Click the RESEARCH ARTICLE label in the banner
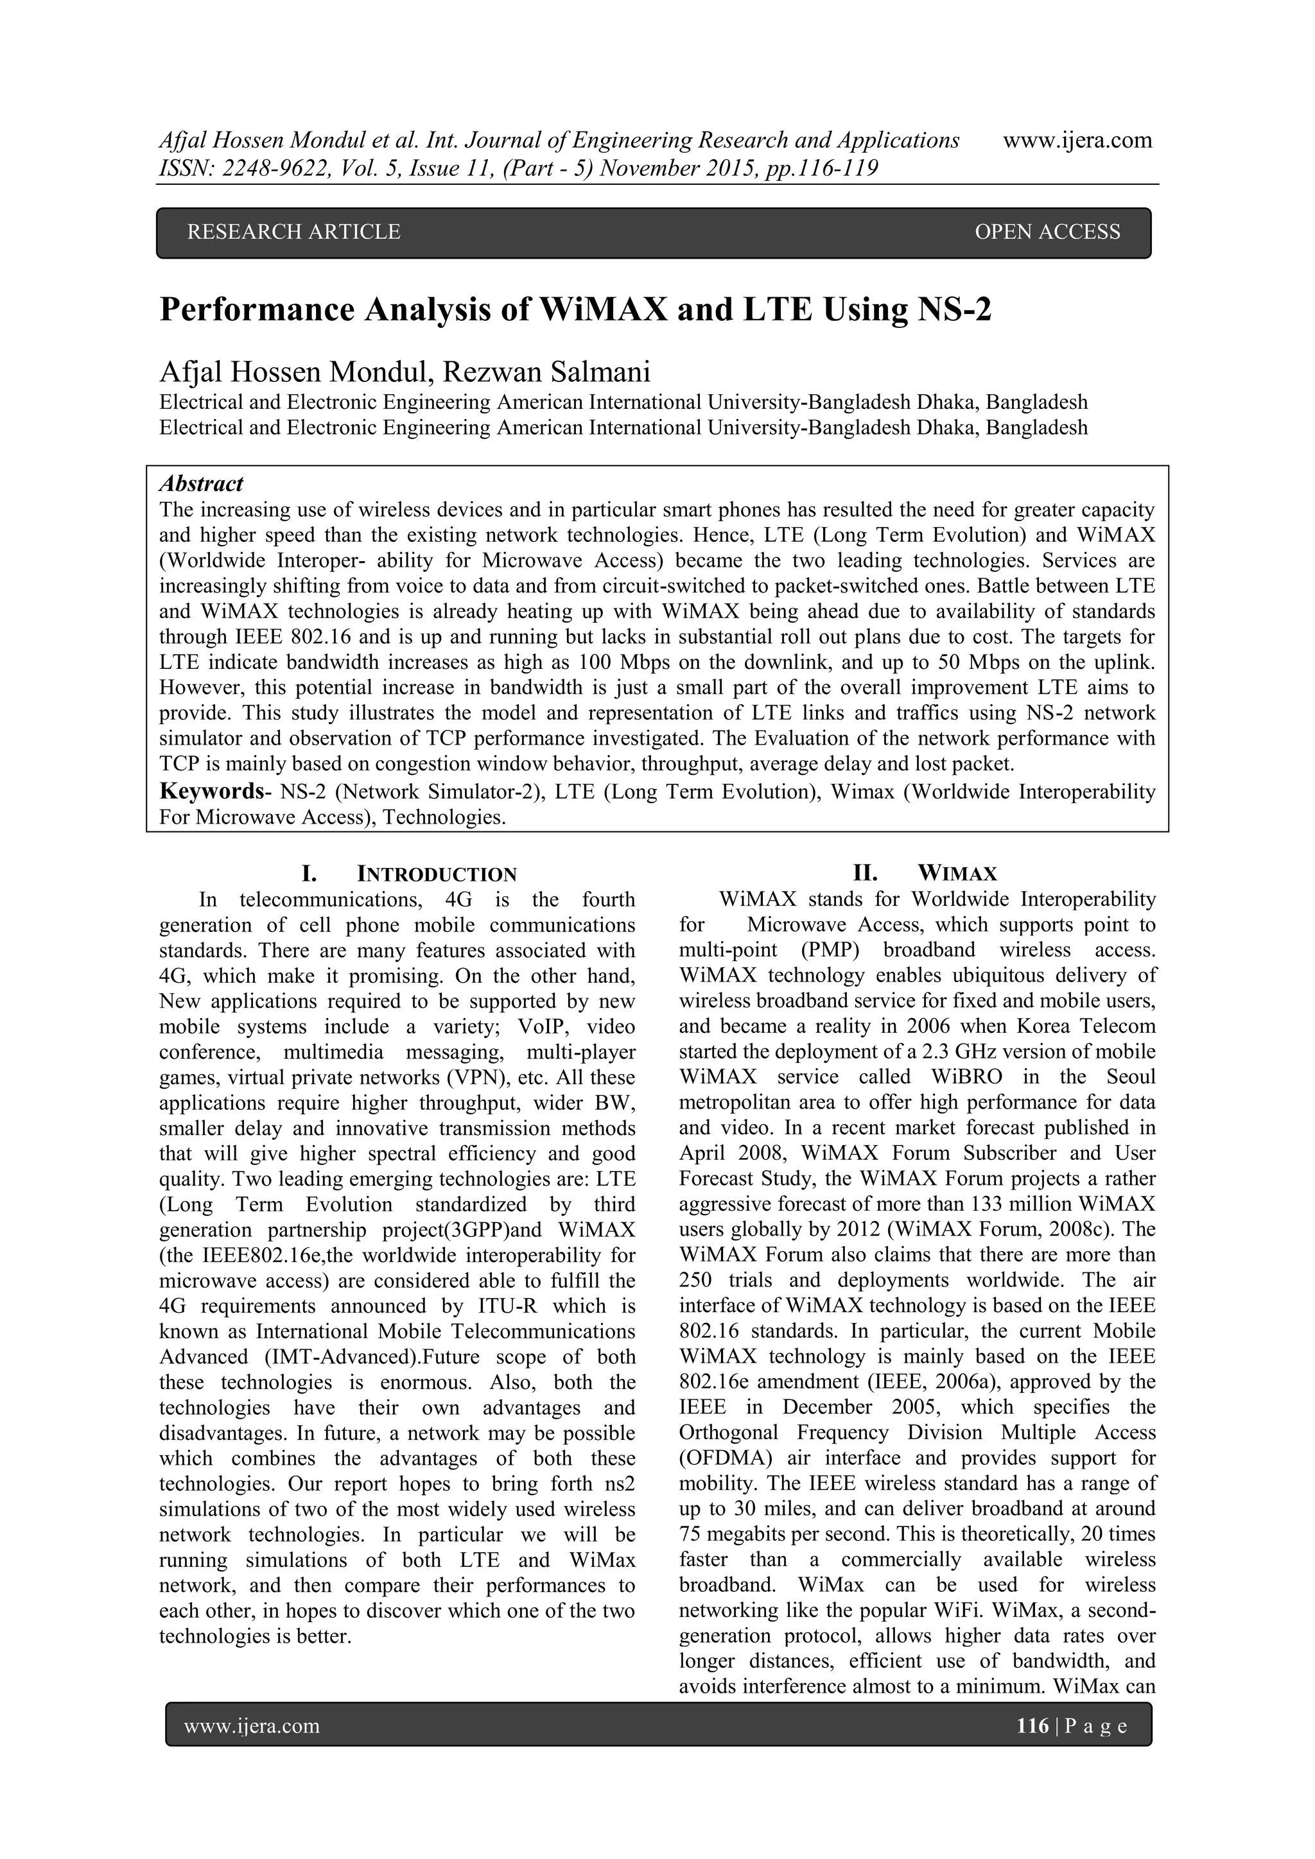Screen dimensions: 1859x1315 coord(293,232)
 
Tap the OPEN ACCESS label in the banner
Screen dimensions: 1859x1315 coord(1047,232)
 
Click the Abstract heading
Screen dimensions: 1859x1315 coord(201,484)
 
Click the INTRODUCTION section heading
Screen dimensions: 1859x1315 coord(437,874)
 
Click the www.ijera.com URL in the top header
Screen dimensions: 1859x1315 coord(1077,141)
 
